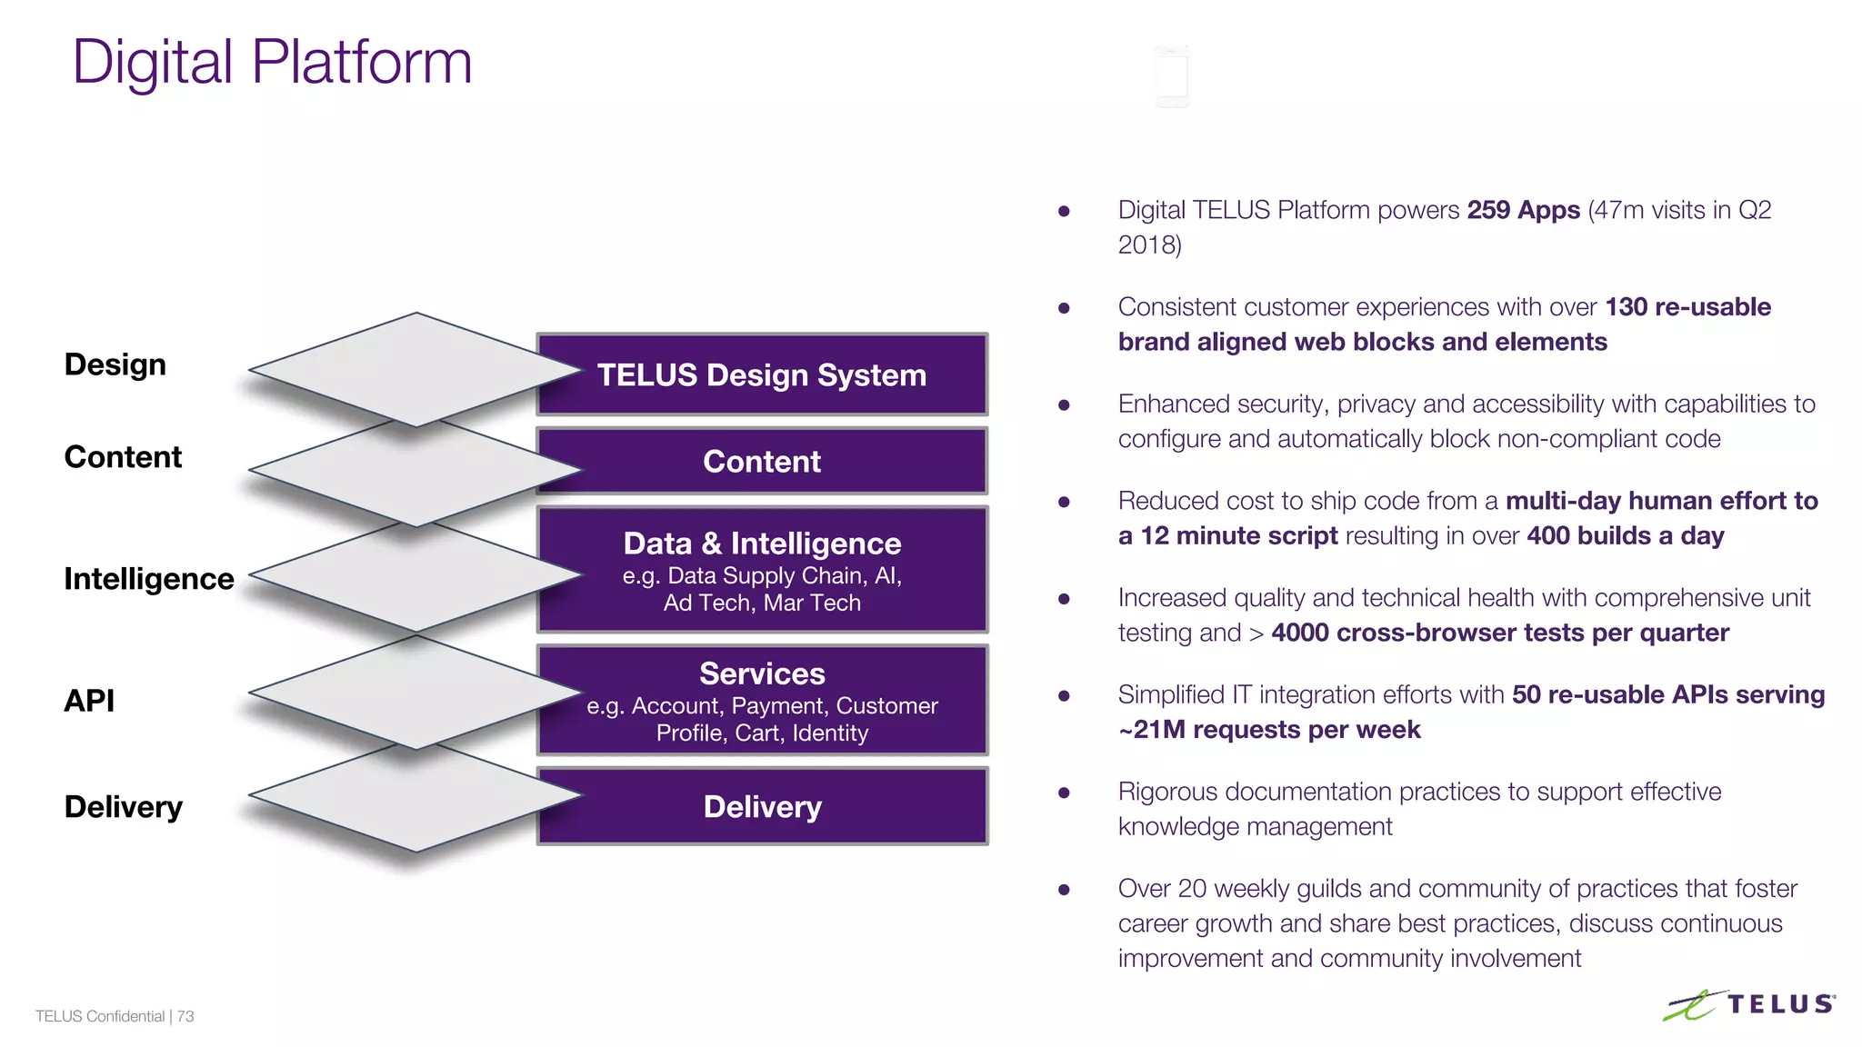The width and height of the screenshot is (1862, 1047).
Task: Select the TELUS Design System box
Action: pos(762,374)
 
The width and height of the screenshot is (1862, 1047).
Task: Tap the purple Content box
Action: pos(762,462)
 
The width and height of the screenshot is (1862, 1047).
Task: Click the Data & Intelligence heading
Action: pos(762,543)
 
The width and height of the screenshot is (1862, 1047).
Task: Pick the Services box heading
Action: pos(762,673)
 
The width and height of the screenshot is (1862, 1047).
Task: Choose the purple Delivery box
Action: pos(762,806)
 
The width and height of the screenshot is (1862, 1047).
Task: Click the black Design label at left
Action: pos(115,364)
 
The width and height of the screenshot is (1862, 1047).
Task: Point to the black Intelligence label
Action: pos(149,579)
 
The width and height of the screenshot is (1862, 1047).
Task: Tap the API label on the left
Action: pos(89,701)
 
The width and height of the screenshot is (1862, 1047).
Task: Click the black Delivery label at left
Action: pos(124,807)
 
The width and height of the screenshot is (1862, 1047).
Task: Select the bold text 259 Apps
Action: pos(1524,210)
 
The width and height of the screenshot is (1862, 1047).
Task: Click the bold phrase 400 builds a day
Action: pos(1626,536)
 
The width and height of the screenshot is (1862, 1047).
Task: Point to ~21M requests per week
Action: pos(1269,730)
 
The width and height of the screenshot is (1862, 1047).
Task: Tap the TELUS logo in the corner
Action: pos(1749,1005)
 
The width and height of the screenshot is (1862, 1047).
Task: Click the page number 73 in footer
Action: pos(185,1016)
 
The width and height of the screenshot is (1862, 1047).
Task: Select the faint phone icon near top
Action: pos(1173,76)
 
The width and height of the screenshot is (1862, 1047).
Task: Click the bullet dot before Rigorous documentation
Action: pos(1064,793)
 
